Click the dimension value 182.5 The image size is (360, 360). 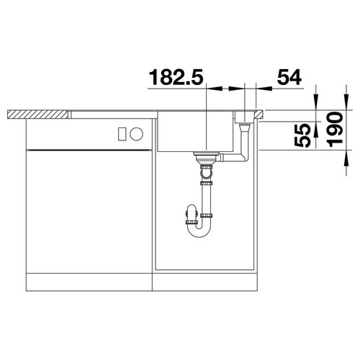click(176, 77)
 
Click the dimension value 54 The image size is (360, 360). click(289, 77)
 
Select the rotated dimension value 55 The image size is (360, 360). click(302, 135)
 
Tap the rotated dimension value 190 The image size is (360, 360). click(335, 130)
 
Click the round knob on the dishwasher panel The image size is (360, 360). click(136, 134)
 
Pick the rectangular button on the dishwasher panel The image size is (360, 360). click(122, 134)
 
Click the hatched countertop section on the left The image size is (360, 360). click(37, 114)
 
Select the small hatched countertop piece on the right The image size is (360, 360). click(258, 114)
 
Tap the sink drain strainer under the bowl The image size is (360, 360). click(207, 156)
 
